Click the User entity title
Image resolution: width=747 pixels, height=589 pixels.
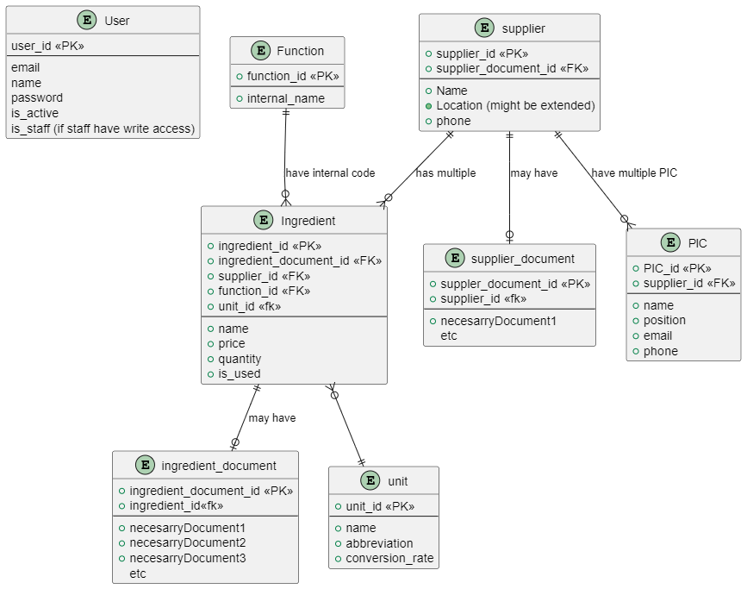(116, 21)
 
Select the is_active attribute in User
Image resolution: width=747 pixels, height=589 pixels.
(34, 114)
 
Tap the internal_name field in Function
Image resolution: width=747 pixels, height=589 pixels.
(285, 98)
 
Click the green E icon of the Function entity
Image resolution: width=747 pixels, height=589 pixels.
(261, 51)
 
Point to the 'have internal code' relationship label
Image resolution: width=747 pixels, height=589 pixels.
(330, 173)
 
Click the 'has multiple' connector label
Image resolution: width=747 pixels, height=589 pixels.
(445, 173)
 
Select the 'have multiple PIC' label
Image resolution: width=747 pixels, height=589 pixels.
(634, 173)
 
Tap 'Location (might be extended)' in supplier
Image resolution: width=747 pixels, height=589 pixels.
(515, 106)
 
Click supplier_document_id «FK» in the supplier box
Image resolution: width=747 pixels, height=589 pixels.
(512, 69)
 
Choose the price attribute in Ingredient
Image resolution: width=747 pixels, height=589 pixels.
(232, 344)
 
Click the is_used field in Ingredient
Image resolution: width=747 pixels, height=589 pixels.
(239, 374)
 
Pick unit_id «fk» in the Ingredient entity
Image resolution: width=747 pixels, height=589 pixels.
(249, 306)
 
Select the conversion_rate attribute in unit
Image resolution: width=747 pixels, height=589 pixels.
(389, 559)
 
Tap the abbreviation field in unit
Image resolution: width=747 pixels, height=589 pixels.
(379, 543)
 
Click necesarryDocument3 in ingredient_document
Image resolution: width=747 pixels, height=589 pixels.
(188, 558)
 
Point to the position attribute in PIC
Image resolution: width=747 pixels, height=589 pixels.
(664, 321)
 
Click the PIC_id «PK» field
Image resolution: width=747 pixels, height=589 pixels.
(677, 268)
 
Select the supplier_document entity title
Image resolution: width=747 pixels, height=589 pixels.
(523, 259)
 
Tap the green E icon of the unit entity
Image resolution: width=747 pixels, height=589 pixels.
(370, 481)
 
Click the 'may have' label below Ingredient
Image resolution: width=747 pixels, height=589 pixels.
(272, 418)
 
